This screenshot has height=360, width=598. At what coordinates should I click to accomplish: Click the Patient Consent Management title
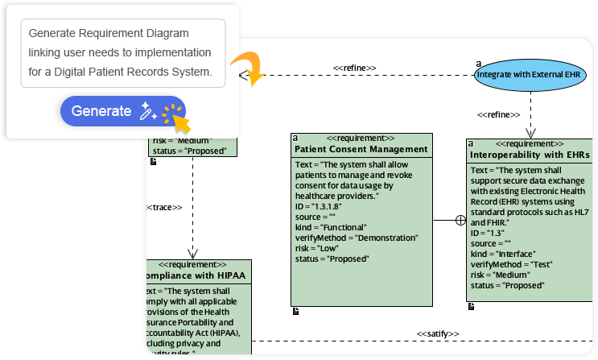pyautogui.click(x=361, y=149)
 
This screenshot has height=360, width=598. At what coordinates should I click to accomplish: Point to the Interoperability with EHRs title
pyautogui.click(x=529, y=154)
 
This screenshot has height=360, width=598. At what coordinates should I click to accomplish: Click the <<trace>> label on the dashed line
pyautogui.click(x=164, y=207)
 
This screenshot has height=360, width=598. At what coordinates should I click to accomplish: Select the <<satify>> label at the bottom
pyautogui.click(x=438, y=333)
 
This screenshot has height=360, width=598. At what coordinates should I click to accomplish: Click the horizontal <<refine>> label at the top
pyautogui.click(x=355, y=68)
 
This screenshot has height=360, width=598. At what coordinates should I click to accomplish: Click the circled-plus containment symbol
pyautogui.click(x=460, y=219)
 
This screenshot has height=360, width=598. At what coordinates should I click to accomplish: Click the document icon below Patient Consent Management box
pyautogui.click(x=295, y=311)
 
